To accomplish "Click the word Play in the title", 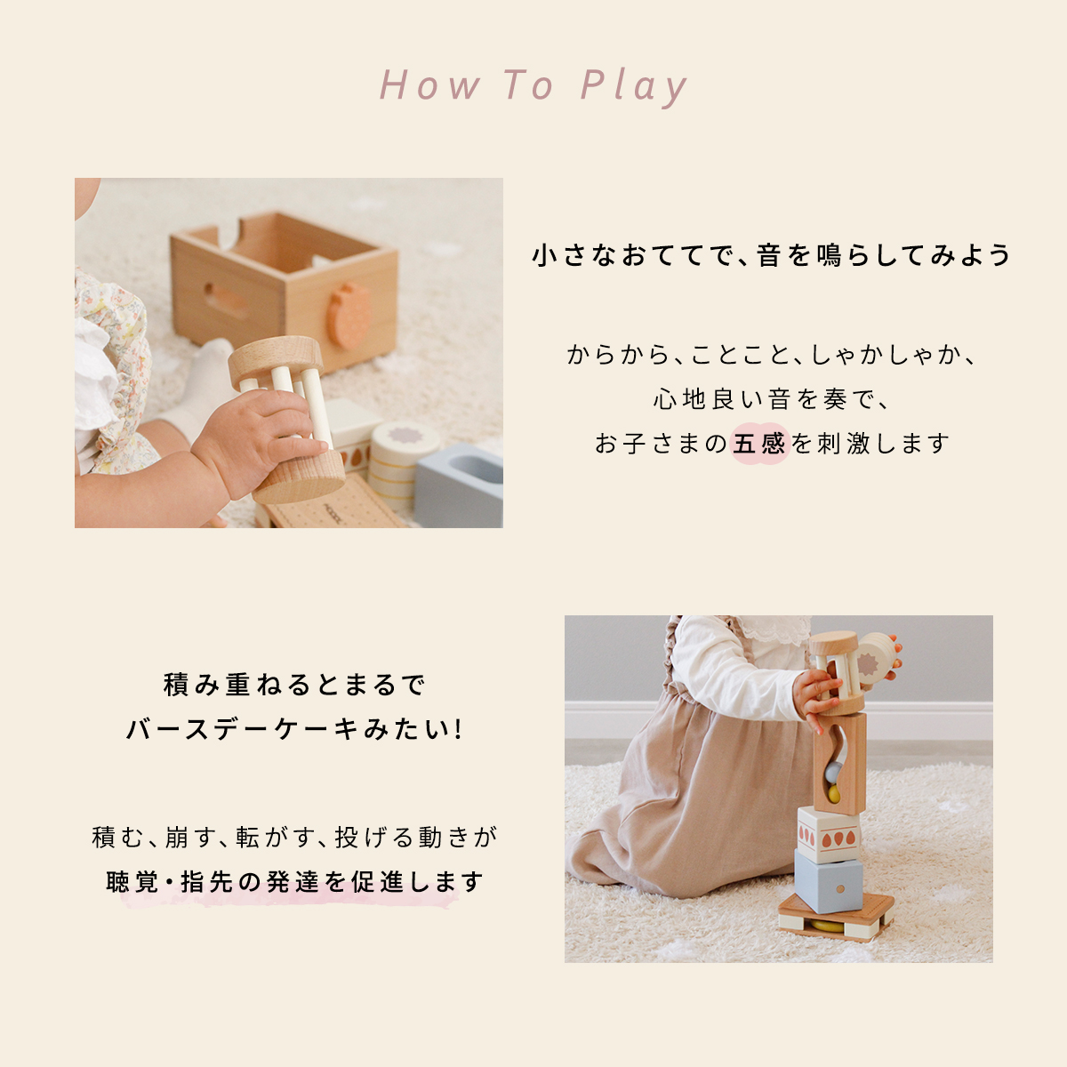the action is (634, 86).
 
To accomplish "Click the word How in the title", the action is (429, 85).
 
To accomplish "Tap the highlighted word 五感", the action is (758, 444).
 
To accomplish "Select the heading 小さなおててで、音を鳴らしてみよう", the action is (771, 256).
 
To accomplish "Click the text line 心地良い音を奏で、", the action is (771, 398).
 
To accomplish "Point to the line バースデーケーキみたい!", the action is (294, 729).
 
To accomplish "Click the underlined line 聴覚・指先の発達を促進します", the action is (294, 882).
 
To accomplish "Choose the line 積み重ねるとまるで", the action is (294, 685).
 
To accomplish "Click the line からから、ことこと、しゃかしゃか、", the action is (771, 355).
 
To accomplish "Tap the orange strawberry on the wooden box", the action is (348, 315).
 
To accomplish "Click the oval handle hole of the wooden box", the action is (225, 301).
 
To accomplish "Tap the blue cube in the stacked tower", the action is (829, 881).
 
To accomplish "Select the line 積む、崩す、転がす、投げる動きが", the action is (294, 838).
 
